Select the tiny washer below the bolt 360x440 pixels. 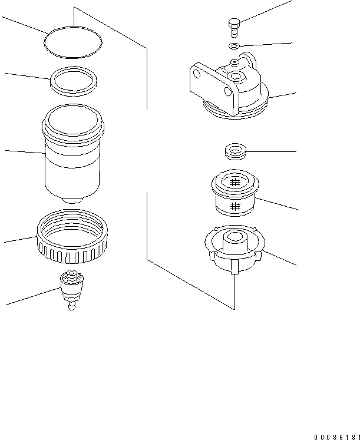[x=234, y=45]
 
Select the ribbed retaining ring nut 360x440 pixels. [x=71, y=239]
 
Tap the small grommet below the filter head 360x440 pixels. [x=235, y=152]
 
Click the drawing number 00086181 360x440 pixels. [x=336, y=436]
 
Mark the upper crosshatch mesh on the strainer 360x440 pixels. [x=235, y=183]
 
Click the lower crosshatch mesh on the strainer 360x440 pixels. [x=235, y=206]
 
